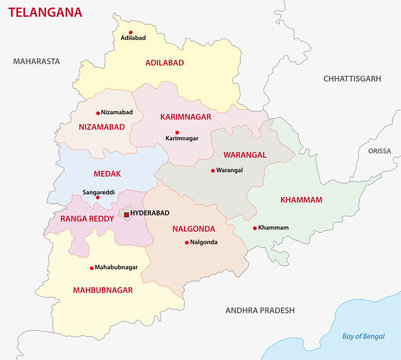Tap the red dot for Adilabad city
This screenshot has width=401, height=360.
click(x=125, y=28)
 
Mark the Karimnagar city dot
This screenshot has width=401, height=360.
click(x=177, y=132)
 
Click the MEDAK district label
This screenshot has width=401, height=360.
click(x=91, y=172)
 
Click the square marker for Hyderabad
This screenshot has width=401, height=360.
click(x=126, y=214)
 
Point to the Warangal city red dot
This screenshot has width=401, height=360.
click(x=213, y=170)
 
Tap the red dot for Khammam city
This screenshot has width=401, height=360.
click(x=254, y=228)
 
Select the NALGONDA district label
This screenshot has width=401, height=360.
click(x=185, y=229)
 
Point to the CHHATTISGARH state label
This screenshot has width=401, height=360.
click(x=353, y=77)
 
